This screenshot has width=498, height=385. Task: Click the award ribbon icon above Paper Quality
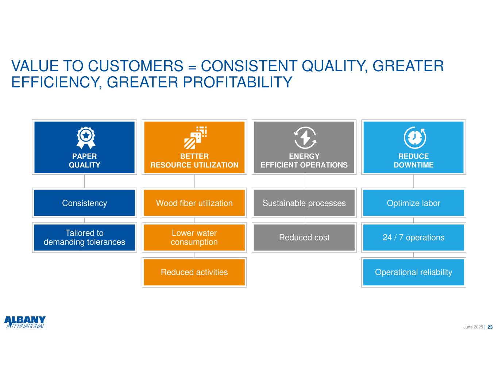coord(86,138)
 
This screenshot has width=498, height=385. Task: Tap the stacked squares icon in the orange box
coord(195,138)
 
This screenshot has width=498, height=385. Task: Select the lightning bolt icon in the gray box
coord(305,138)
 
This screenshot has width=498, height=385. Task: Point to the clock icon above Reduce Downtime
coord(415,138)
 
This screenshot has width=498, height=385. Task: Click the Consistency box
coord(84,203)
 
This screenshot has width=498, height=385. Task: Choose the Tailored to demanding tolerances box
coord(84,238)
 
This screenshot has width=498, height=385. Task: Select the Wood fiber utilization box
coord(194,203)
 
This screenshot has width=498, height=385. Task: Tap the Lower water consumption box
coord(194,238)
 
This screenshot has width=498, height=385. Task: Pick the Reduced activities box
coord(194,272)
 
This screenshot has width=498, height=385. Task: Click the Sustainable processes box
coord(304,203)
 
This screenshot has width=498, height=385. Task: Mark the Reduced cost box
coord(304,238)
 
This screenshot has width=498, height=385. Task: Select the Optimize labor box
coord(414,203)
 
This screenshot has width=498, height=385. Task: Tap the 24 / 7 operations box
coord(414,238)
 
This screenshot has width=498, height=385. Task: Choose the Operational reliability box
coord(414,272)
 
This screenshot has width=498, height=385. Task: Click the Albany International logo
coord(25,322)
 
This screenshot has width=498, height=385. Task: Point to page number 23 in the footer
coord(490,327)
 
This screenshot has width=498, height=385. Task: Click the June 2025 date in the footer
coord(473,327)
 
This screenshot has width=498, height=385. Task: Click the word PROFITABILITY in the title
coord(238,82)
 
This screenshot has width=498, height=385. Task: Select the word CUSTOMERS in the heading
coord(136,66)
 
